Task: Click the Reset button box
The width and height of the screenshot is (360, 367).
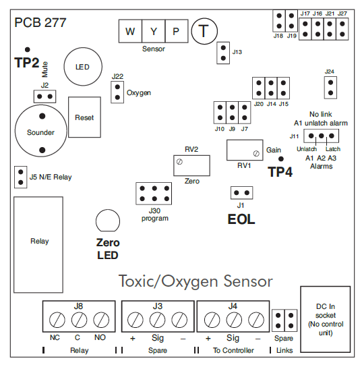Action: [84, 117]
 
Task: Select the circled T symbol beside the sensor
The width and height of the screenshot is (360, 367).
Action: [202, 31]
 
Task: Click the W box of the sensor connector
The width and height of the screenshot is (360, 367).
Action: [130, 32]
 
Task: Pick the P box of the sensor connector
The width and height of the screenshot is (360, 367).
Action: [176, 32]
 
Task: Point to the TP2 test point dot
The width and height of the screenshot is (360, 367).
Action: [28, 50]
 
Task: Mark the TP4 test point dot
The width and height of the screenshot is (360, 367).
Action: [281, 159]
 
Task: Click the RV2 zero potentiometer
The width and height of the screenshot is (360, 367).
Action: [191, 163]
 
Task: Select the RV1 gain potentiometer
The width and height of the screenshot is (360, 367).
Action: [245, 149]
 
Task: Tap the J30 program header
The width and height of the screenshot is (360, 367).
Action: [155, 194]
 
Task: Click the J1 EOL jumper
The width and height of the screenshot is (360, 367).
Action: [241, 193]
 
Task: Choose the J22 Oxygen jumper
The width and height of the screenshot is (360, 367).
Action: [117, 92]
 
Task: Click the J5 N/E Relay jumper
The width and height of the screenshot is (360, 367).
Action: [20, 177]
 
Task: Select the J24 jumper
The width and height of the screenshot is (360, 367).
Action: [330, 86]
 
